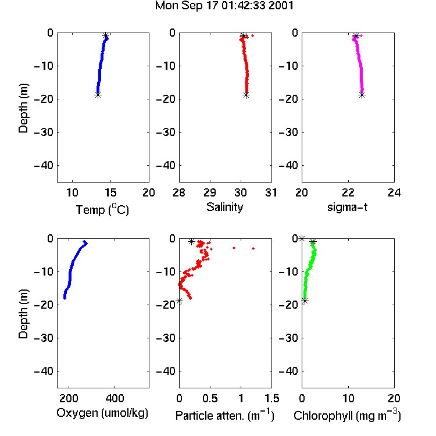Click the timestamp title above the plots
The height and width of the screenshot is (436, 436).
(224, 6)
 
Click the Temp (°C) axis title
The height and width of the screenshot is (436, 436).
(102, 209)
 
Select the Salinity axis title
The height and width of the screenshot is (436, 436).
(224, 207)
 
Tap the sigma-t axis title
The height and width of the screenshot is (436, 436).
(347, 207)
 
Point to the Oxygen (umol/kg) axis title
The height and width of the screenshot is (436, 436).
(102, 413)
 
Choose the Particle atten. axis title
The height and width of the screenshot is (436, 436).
(225, 416)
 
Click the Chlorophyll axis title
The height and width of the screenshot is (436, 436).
(347, 416)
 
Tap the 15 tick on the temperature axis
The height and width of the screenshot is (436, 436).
(110, 192)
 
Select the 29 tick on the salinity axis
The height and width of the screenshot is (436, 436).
(210, 192)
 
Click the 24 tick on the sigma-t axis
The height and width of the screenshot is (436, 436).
(394, 192)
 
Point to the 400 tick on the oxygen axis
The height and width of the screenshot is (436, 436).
(115, 398)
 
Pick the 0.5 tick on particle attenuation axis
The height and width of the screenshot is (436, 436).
(210, 398)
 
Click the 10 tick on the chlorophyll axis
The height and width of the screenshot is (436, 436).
(348, 398)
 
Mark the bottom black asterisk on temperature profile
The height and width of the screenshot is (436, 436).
(98, 95)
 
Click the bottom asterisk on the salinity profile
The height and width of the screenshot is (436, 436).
(246, 95)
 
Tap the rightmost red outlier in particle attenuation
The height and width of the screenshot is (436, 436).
(253, 248)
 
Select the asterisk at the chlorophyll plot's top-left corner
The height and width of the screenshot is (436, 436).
(302, 238)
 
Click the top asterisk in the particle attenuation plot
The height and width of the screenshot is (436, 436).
(191, 242)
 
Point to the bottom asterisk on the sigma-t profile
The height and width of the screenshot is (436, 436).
(362, 95)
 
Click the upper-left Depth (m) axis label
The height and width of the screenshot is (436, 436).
(23, 108)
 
